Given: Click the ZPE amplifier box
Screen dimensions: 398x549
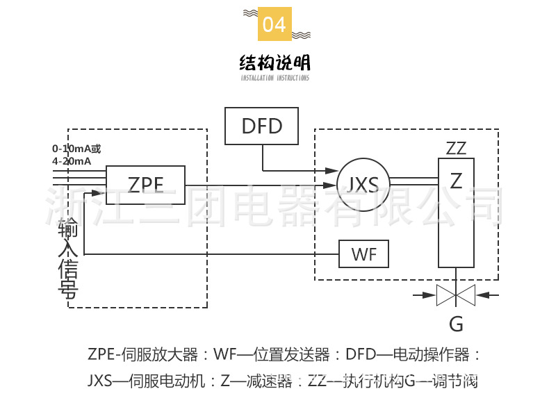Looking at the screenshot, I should click(x=145, y=184).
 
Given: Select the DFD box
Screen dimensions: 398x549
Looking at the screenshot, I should click(x=262, y=126).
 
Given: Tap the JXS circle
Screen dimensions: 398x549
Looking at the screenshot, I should click(x=363, y=185).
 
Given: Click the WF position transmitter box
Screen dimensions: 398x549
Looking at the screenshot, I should click(x=363, y=254).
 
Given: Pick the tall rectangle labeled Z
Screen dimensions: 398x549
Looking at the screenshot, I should click(x=456, y=212).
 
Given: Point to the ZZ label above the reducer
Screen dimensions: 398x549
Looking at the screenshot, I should click(x=456, y=148).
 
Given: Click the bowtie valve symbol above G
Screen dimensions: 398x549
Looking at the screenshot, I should click(x=455, y=296).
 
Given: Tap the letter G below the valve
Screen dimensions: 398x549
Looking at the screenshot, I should click(x=456, y=324).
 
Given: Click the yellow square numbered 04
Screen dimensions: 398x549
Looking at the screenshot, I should click(x=274, y=25).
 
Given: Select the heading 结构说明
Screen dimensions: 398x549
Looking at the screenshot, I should click(x=274, y=63).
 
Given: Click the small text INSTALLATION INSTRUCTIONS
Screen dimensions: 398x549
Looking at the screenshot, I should click(x=274, y=78).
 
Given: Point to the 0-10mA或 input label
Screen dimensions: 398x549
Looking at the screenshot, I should click(x=76, y=149).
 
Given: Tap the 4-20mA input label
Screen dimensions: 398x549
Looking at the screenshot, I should click(x=72, y=161).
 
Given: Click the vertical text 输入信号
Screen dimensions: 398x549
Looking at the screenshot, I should click(x=67, y=257).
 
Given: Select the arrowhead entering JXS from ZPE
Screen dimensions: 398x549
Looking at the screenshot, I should click(x=331, y=185).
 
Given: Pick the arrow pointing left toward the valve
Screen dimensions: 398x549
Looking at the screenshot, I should click(x=489, y=296).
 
